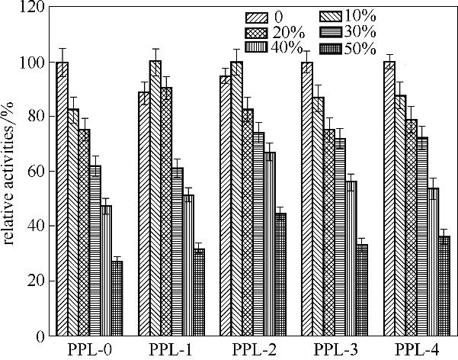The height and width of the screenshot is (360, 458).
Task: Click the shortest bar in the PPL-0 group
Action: pyautogui.click(x=117, y=298)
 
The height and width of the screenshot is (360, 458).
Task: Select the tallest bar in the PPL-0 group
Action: pyautogui.click(x=62, y=198)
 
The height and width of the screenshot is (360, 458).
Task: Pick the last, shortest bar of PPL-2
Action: pyautogui.click(x=280, y=274)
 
